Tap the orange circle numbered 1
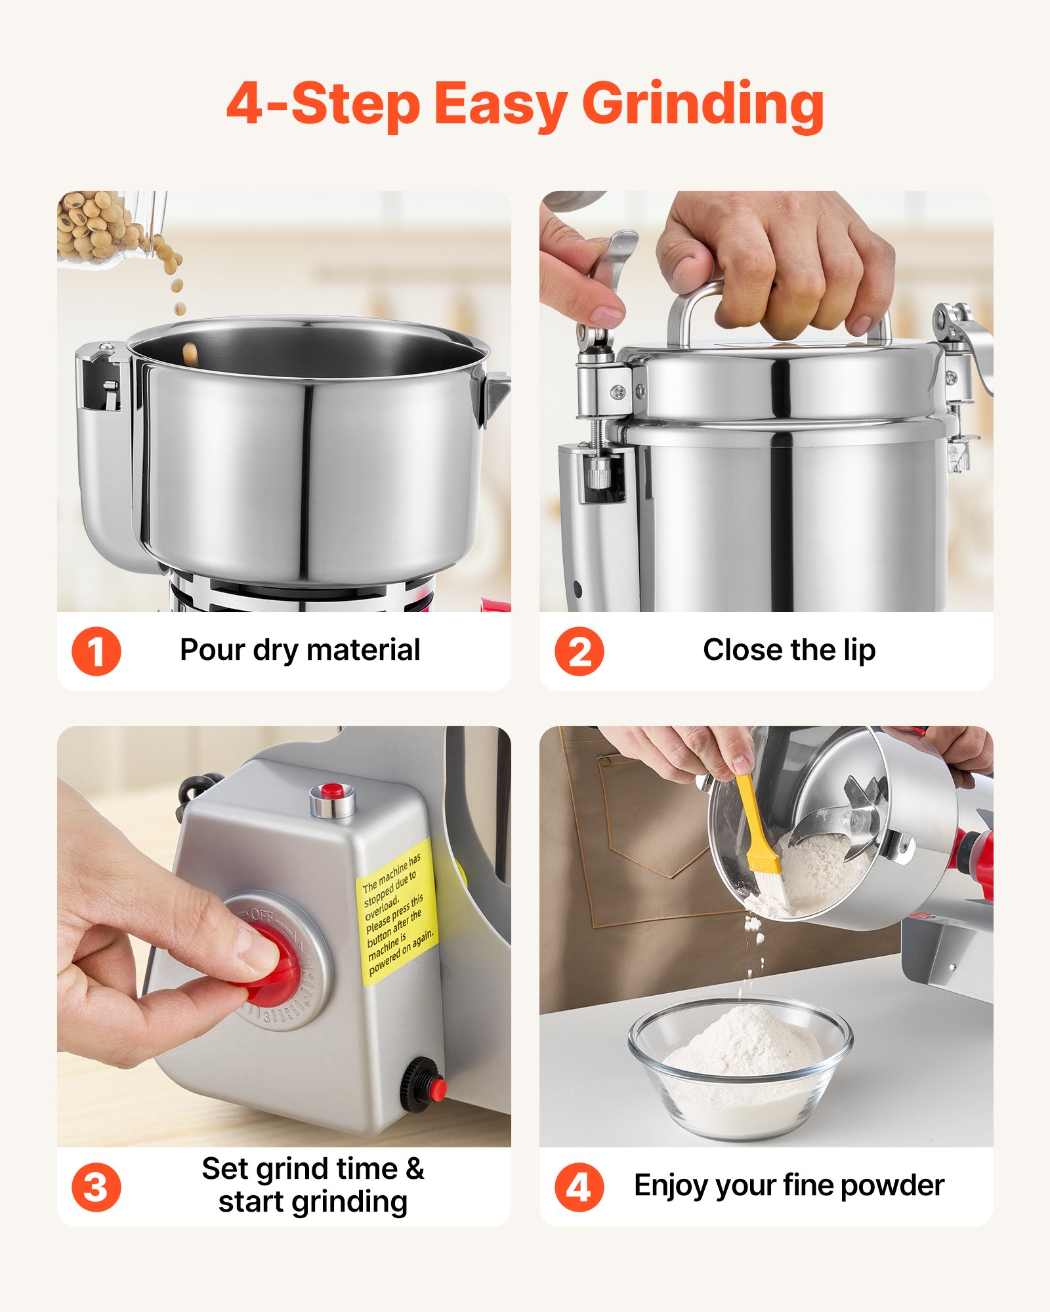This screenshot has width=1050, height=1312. point(96,651)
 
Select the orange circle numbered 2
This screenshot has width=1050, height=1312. point(579,651)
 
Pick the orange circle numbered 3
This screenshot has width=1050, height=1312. point(96,1187)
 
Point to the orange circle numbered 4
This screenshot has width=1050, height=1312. point(579,1187)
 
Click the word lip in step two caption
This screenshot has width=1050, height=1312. point(859,650)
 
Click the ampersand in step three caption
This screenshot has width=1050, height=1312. point(415,1169)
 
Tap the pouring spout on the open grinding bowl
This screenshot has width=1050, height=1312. point(497,394)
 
